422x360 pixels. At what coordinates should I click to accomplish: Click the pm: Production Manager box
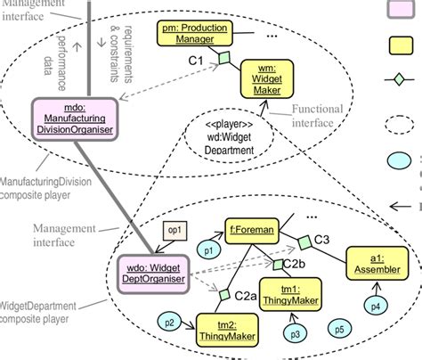point(193,34)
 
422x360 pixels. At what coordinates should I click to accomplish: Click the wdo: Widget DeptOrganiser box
point(154,273)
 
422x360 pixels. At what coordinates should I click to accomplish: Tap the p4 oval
point(375,306)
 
